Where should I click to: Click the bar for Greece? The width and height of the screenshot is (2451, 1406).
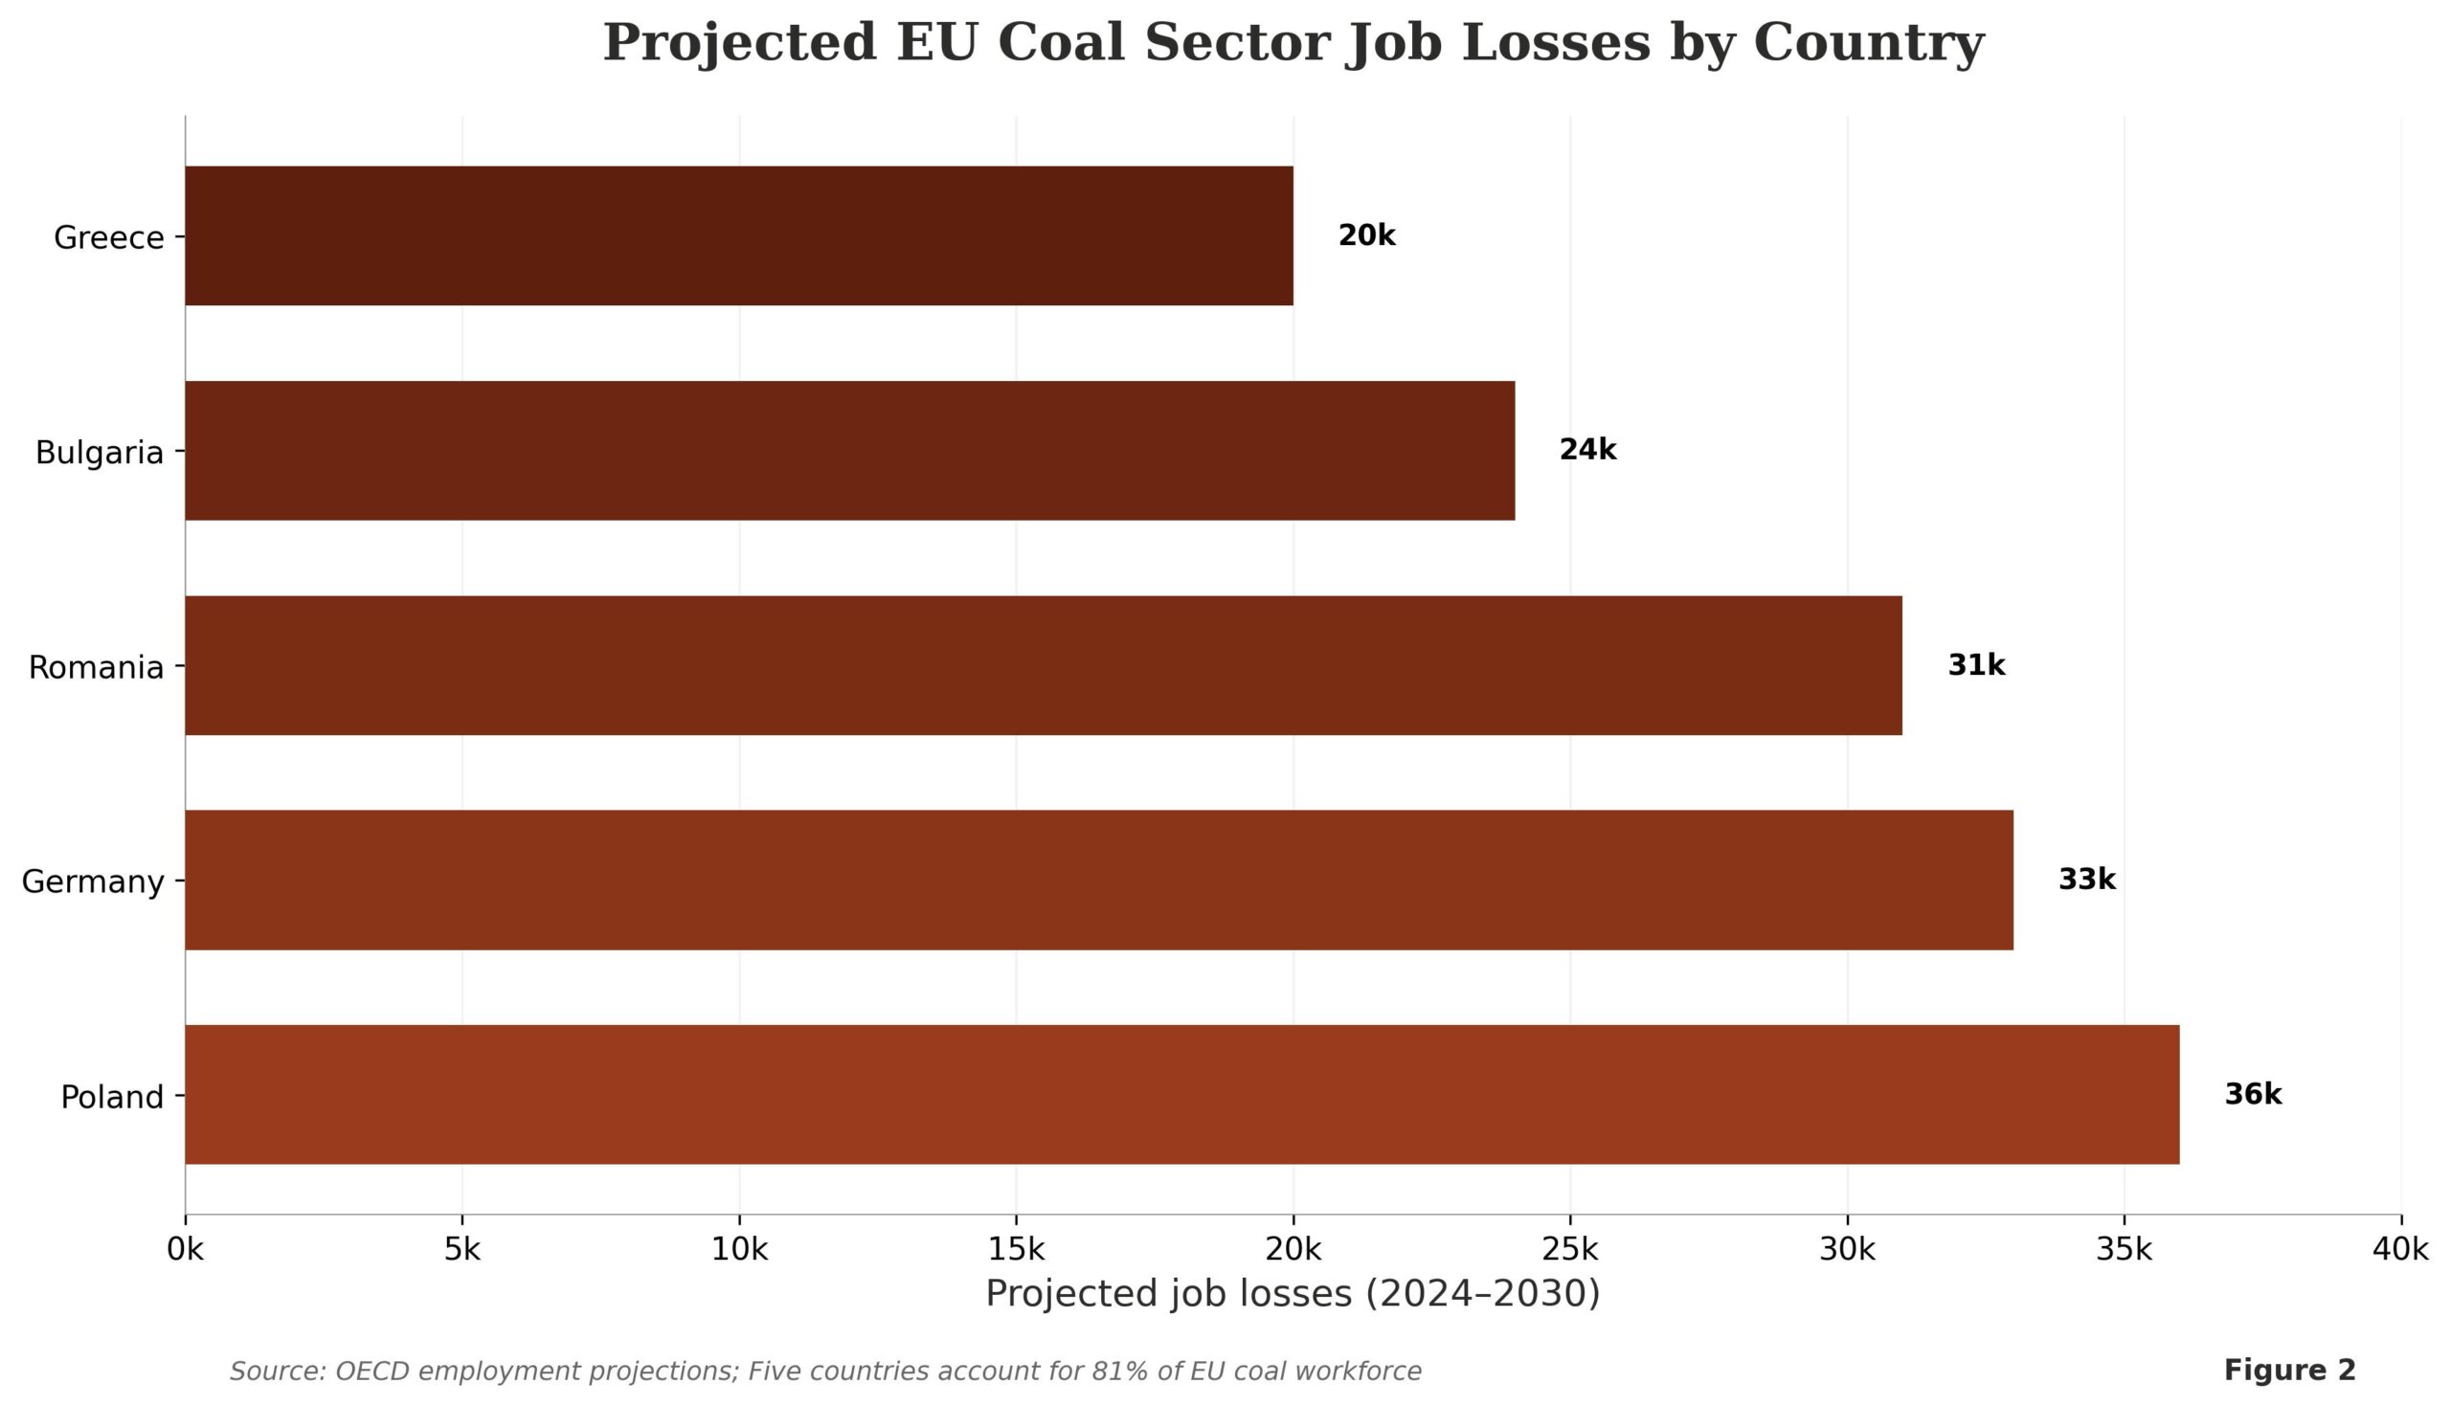739,235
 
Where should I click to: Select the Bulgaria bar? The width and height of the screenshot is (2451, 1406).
850,451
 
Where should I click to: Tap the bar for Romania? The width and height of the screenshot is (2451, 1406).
1043,665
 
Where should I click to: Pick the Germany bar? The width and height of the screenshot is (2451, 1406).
1099,880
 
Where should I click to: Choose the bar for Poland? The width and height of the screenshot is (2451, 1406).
1182,1094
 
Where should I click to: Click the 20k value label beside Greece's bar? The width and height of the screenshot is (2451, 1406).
1366,235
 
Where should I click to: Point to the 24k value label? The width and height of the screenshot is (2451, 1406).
1587,450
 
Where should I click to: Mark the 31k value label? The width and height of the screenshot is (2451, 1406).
1976,665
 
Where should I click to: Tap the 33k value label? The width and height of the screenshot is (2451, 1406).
2087,880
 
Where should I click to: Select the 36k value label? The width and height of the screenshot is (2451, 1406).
2253,1094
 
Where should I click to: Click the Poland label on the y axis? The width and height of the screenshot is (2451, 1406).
112,1097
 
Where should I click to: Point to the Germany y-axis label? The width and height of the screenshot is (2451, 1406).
93,882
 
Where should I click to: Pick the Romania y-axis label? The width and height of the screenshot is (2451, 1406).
96,667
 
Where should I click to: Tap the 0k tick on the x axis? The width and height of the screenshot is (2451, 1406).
186,1250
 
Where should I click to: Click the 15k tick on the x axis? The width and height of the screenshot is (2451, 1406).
1016,1250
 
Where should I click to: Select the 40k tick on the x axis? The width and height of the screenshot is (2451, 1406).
2400,1250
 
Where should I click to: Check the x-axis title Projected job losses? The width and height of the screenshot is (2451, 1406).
1293,1293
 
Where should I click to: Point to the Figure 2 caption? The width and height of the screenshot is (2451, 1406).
2290,1371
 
